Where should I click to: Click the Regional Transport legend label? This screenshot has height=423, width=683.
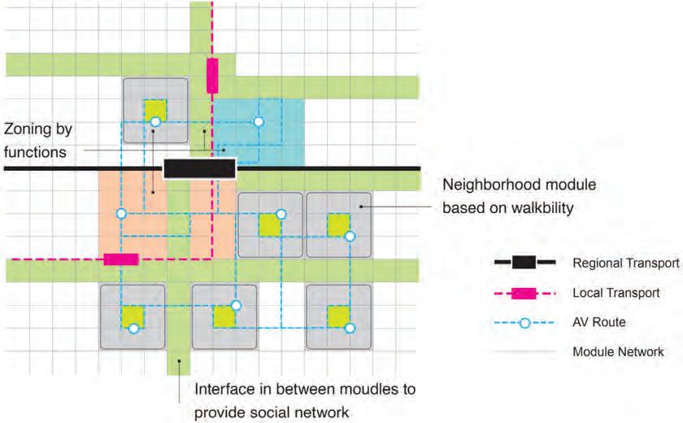click(x=625, y=263)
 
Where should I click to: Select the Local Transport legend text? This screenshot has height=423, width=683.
click(x=616, y=293)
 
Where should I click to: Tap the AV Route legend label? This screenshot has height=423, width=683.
click(x=599, y=322)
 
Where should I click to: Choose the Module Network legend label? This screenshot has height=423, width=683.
click(x=618, y=352)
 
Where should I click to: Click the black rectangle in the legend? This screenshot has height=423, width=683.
click(x=524, y=263)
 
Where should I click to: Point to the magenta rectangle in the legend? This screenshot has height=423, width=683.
click(x=524, y=293)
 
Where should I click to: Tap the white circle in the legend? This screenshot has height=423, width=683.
click(x=524, y=323)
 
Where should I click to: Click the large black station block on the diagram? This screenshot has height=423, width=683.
click(x=199, y=168)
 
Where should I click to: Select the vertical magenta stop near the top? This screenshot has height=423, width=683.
click(x=212, y=76)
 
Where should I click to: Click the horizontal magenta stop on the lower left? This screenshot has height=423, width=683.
click(x=121, y=259)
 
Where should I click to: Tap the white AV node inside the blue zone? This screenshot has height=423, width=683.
click(x=259, y=121)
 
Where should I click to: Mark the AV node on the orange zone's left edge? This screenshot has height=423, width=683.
click(x=121, y=214)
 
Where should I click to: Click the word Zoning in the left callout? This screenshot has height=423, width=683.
click(x=28, y=130)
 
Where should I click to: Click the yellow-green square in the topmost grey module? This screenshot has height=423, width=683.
click(x=154, y=108)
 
